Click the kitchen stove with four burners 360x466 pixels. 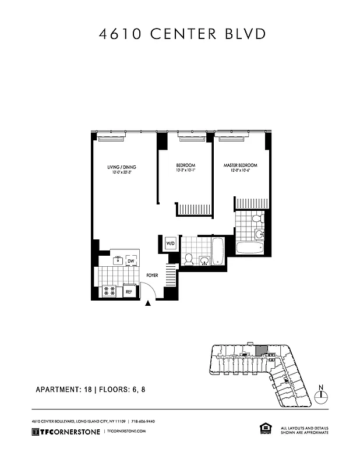[x=109, y=291]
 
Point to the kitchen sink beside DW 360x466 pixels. [x=117, y=260]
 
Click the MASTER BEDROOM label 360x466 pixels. [x=241, y=165]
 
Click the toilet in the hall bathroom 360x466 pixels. [x=188, y=258]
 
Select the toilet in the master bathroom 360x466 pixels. [x=257, y=220]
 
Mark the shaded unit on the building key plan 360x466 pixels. [x=262, y=350]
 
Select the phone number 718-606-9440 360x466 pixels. [x=142, y=421]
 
